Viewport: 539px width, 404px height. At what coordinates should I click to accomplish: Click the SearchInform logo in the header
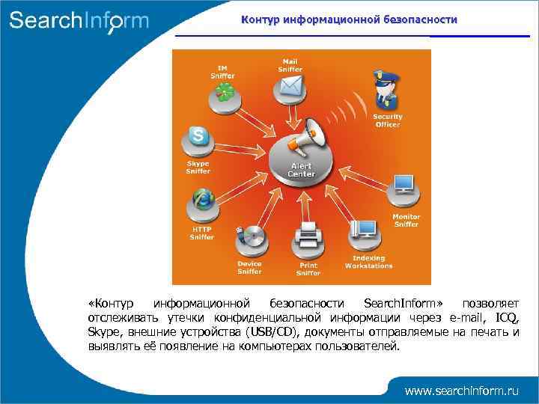(x=79, y=20)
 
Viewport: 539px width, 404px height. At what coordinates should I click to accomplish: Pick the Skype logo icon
(x=198, y=137)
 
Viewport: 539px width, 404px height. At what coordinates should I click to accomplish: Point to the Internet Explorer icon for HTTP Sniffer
(x=202, y=200)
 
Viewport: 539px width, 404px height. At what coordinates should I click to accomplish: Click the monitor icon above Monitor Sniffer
(x=404, y=183)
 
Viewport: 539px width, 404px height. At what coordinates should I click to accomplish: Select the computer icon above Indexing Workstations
(x=367, y=228)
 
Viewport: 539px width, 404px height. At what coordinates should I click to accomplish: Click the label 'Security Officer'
(x=388, y=120)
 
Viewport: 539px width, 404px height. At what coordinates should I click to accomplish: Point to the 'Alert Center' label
(x=302, y=170)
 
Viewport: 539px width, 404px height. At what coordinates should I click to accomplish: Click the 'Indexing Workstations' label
(x=368, y=262)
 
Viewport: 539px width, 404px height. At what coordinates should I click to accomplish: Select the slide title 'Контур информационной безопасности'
(x=349, y=20)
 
